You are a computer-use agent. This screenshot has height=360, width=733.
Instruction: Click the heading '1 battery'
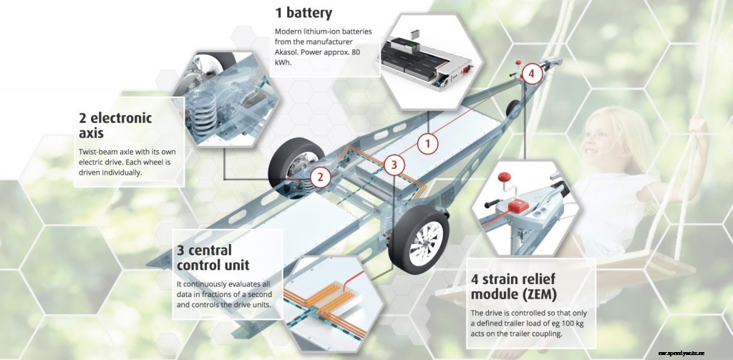point(304,13)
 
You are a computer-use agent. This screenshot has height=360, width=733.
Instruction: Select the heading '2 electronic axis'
point(115,125)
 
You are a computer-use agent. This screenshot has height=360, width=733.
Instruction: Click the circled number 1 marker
point(427,143)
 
